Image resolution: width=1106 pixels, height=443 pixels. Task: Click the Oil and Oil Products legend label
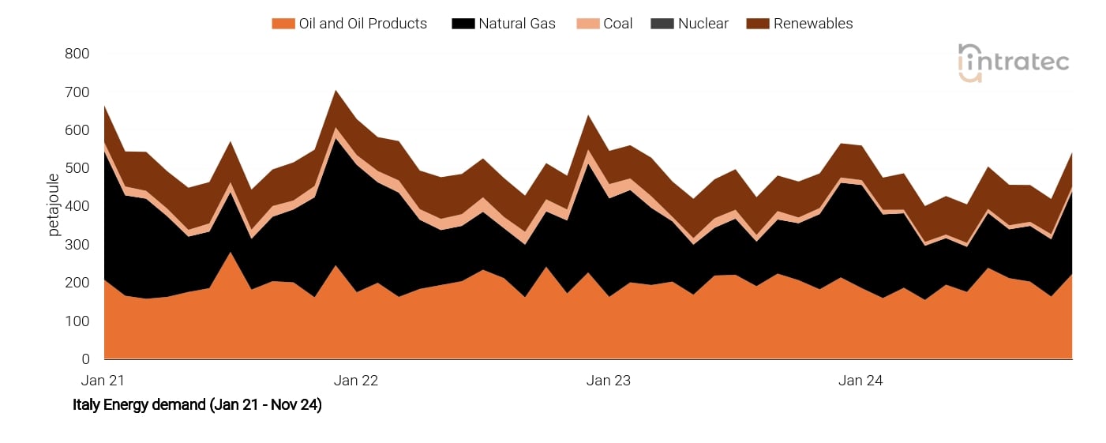(x=362, y=24)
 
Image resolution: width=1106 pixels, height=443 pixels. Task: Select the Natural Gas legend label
(x=516, y=24)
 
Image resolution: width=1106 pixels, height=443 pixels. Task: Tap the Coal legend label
(x=617, y=24)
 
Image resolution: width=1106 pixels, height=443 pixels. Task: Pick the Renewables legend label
(x=812, y=24)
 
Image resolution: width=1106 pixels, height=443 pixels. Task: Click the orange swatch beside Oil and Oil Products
(x=283, y=24)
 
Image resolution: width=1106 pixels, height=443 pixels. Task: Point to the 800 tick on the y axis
(x=77, y=54)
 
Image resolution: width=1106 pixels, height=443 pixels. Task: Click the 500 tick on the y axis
(x=77, y=169)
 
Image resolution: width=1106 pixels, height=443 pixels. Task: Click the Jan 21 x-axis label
(x=103, y=381)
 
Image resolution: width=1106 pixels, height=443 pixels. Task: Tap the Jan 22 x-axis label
(x=356, y=381)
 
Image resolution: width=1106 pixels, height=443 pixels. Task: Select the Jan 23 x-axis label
(x=609, y=381)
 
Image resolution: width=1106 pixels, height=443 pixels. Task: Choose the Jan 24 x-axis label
(x=860, y=381)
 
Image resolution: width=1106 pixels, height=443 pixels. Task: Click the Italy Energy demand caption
(x=197, y=405)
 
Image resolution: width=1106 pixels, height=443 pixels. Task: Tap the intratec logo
(x=1013, y=62)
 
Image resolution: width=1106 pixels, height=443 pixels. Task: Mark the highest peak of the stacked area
(x=336, y=91)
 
